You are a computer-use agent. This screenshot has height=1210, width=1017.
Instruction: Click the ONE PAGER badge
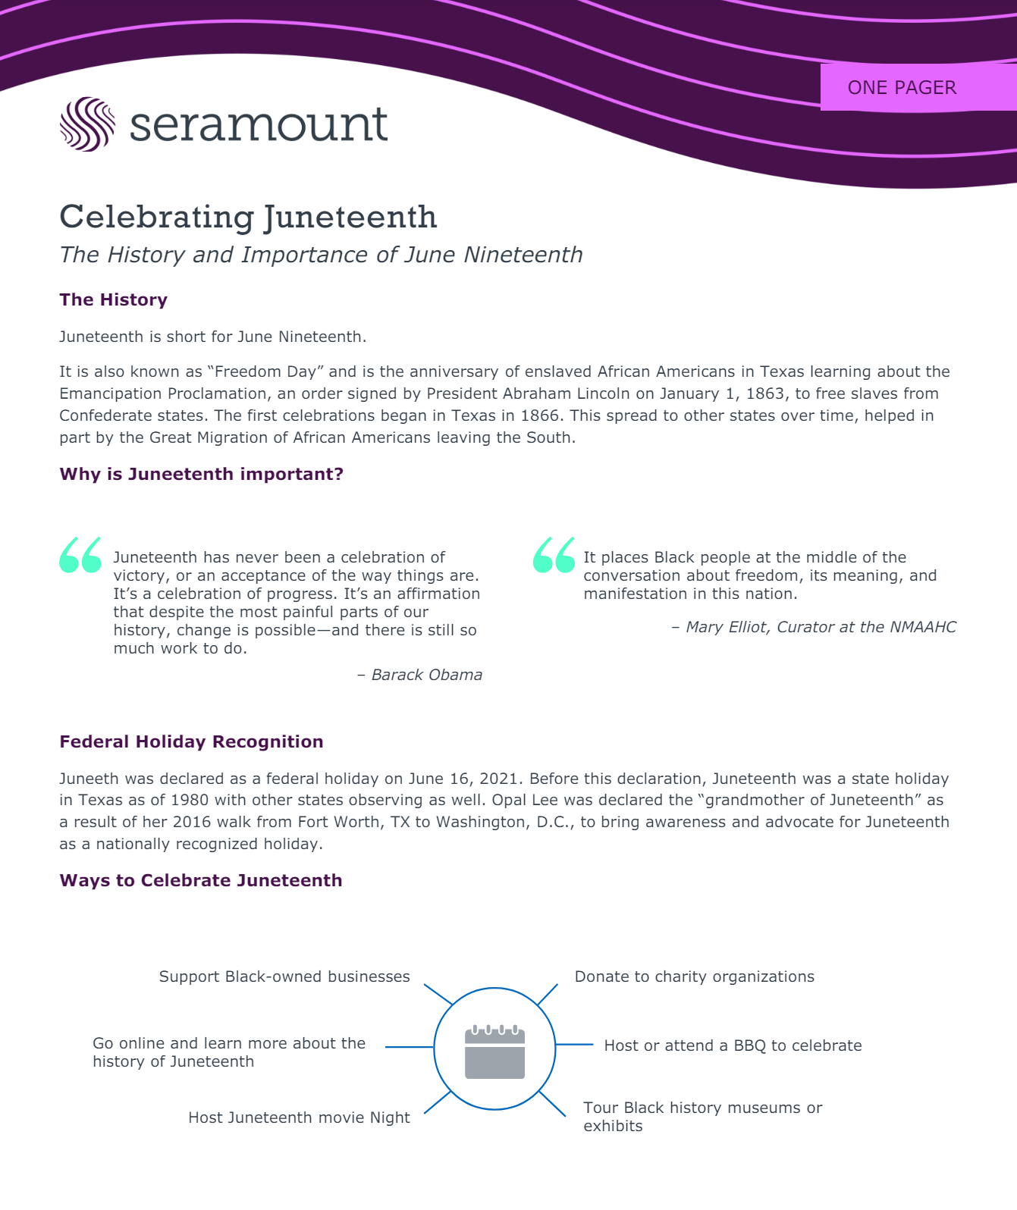click(902, 88)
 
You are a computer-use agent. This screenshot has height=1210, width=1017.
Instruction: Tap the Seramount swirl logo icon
click(87, 124)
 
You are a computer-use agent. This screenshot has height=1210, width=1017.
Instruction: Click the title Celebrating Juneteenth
click(248, 217)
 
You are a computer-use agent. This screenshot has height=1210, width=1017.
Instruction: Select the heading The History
click(113, 299)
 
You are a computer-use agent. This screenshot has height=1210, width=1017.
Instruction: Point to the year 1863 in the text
click(765, 393)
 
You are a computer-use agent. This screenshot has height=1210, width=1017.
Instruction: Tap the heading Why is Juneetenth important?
click(201, 474)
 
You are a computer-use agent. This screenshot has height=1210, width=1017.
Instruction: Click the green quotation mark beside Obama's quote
click(80, 555)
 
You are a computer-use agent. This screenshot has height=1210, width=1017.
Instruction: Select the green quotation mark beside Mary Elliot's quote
click(554, 555)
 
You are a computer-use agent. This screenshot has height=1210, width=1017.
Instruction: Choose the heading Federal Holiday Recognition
click(191, 741)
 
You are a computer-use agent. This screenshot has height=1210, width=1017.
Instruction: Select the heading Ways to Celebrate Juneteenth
click(201, 880)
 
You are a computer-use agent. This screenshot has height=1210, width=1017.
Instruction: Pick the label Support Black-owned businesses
click(284, 976)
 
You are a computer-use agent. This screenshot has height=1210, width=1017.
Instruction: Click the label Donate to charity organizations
click(694, 976)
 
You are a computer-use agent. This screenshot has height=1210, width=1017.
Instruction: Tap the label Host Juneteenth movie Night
click(299, 1118)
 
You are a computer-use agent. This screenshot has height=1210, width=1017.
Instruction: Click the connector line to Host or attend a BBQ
click(574, 1045)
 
